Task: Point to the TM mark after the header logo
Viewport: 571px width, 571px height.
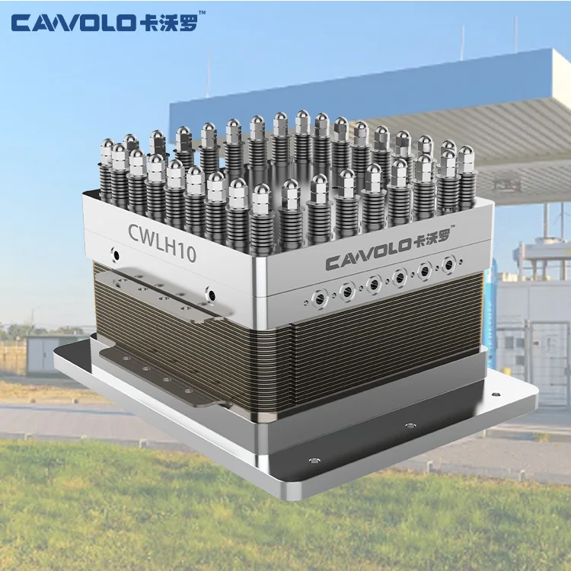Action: [x=202, y=14]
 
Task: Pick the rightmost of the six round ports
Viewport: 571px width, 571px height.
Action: [x=449, y=265]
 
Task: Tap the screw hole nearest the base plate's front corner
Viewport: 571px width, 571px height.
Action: [x=314, y=461]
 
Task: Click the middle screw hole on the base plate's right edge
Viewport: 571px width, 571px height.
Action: [x=410, y=426]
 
